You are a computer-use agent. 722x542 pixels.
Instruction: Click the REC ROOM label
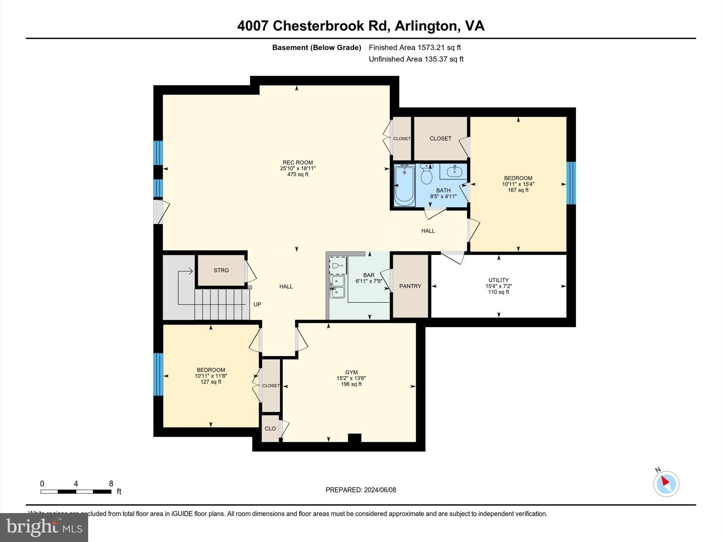tap(298, 163)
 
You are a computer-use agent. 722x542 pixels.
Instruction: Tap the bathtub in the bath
tap(404, 185)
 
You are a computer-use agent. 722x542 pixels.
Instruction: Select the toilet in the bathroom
tap(427, 174)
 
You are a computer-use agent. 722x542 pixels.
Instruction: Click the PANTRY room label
tap(410, 286)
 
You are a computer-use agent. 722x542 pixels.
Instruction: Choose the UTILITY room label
tap(498, 280)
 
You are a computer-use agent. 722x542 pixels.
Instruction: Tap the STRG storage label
tap(221, 270)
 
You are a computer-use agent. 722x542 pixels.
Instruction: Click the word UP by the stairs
tap(257, 304)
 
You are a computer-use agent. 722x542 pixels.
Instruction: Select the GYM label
tap(351, 372)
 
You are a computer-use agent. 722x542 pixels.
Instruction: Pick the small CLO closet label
tap(270, 428)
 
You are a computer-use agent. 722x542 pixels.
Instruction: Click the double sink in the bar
tap(337, 287)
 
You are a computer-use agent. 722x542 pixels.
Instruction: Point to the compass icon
tap(666, 483)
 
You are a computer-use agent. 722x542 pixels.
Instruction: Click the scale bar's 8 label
tap(111, 484)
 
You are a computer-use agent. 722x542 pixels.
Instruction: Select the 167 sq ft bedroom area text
tap(518, 190)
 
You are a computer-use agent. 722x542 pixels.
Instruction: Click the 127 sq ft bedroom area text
tap(211, 382)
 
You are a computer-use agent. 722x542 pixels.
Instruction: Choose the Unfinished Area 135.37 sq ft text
tap(416, 59)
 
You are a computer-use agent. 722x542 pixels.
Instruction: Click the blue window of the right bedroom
tap(571, 183)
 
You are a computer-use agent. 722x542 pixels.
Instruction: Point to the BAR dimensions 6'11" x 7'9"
tap(369, 281)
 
